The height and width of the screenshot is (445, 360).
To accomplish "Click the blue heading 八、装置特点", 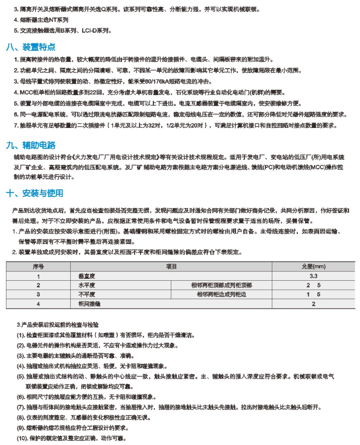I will (x=31, y=47).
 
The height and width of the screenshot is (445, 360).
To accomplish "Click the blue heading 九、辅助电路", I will (x=31, y=146).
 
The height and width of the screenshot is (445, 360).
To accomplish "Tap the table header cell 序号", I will (x=38, y=267).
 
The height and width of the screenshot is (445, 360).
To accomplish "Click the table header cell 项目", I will (x=171, y=267).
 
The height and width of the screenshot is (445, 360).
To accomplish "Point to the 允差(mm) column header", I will (x=313, y=267).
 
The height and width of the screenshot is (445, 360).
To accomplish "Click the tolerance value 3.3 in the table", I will (x=313, y=276).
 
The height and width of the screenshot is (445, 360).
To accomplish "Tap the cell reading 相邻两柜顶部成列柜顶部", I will (x=221, y=285).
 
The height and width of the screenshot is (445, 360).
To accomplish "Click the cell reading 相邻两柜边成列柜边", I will (x=221, y=294).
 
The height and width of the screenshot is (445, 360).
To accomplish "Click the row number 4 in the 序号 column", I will (x=38, y=303).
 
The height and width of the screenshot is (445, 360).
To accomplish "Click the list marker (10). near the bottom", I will (x=23, y=439).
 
